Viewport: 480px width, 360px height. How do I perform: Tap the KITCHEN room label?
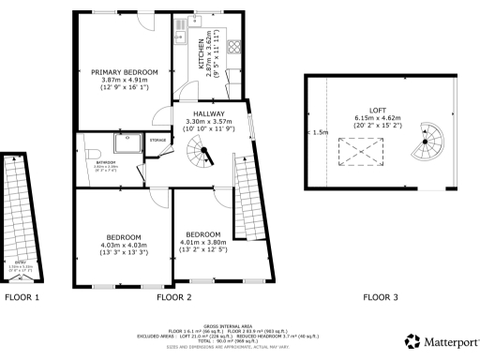(x=199, y=57)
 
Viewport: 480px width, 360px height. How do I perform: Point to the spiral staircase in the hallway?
(x=201, y=150)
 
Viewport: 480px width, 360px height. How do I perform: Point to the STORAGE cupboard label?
(x=158, y=141)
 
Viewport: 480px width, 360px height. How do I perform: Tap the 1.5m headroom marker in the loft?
(x=321, y=132)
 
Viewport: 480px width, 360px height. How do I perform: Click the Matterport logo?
(x=442, y=342)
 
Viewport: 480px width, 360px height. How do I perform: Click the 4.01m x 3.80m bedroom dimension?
(x=203, y=242)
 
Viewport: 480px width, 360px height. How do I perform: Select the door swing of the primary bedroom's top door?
(x=143, y=20)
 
